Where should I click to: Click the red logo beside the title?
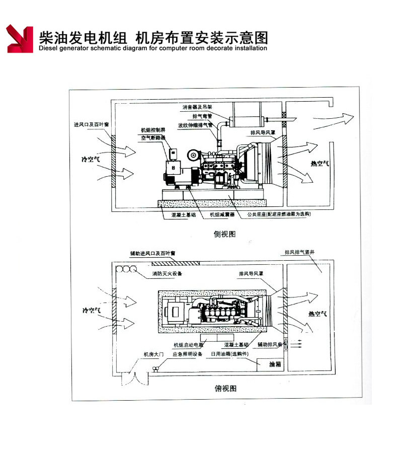click(x=20, y=39)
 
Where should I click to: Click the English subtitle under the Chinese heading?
click(x=152, y=49)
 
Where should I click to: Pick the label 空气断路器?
click(x=153, y=137)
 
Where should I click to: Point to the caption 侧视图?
click(x=224, y=234)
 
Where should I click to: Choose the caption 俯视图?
click(x=224, y=388)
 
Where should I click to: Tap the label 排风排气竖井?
click(x=299, y=252)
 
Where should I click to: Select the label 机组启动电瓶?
click(x=188, y=345)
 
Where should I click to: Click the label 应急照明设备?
click(x=187, y=354)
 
